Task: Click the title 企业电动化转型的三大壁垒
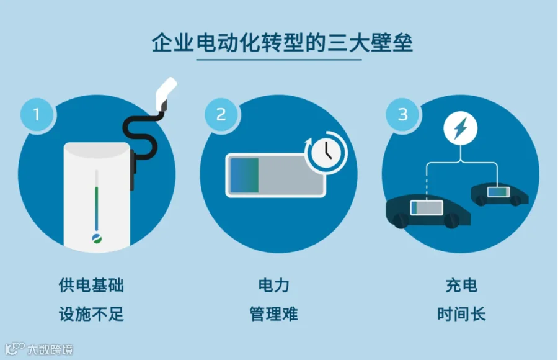coord(282,43)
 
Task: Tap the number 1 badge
coord(37,115)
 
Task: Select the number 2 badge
coord(221,115)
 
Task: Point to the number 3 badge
coord(402,115)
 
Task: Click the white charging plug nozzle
coord(166,93)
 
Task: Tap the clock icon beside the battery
coord(326,153)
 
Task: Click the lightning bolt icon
coord(461,128)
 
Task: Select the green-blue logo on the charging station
coord(97,239)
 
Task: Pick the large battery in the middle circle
coord(276,175)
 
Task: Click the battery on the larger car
coord(427,207)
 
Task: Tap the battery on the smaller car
coord(498,192)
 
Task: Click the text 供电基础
coord(91,286)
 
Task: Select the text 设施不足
coord(91,314)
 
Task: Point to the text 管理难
coord(273,314)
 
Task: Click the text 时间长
coord(461,314)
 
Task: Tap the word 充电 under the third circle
coord(461,286)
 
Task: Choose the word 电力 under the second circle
coord(273,286)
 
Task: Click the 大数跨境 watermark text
coord(50,349)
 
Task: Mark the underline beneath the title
coord(279,60)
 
